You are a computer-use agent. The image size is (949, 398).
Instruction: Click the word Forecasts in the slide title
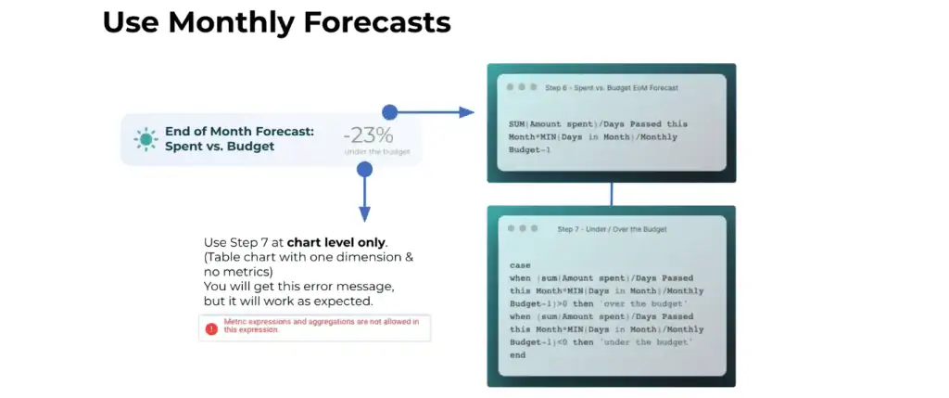377,22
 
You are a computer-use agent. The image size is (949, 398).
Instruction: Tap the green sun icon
146,139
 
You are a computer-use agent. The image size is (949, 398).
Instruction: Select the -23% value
368,135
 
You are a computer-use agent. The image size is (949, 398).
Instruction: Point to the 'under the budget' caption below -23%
377,151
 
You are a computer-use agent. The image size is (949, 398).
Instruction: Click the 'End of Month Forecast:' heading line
240,132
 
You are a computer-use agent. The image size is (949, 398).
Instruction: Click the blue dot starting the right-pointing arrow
390,112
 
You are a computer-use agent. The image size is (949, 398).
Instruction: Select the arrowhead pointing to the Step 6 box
466,112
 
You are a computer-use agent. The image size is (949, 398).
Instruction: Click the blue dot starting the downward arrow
364,170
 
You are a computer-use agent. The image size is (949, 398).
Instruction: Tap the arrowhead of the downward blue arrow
364,214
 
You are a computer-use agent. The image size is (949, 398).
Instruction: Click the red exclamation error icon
211,328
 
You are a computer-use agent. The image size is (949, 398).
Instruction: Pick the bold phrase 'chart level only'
335,243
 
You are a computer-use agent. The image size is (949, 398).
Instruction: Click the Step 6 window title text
612,88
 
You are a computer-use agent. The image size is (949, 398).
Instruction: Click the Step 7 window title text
612,229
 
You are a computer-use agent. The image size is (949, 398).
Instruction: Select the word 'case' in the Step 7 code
520,265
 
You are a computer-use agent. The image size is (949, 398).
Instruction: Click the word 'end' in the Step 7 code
517,355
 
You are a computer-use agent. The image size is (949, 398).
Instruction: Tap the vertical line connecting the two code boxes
612,194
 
